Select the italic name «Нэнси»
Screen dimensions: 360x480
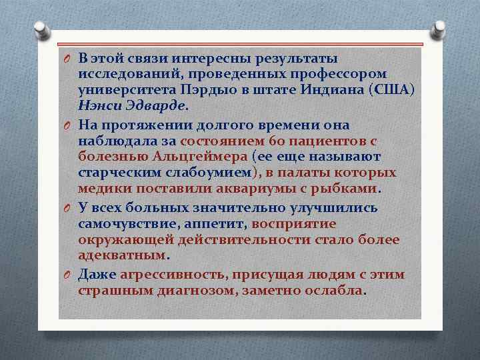click(x=96, y=105)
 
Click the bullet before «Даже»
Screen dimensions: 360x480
click(x=67, y=275)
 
